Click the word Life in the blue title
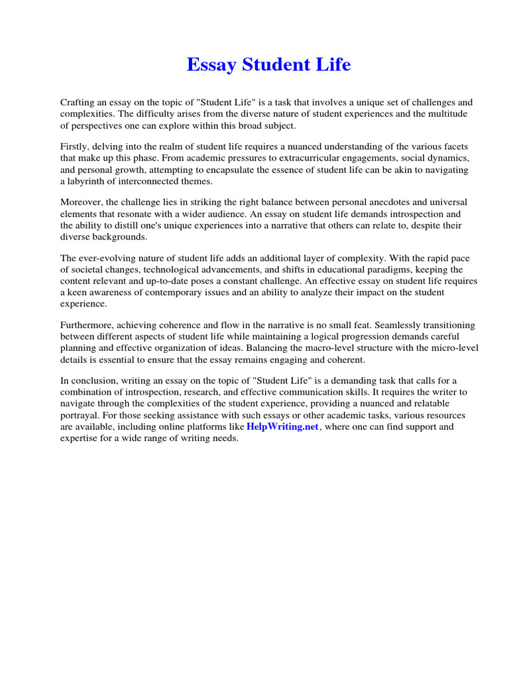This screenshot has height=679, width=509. tap(332, 65)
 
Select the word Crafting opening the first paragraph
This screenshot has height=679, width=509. tap(79, 102)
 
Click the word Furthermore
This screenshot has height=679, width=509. tap(89, 325)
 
